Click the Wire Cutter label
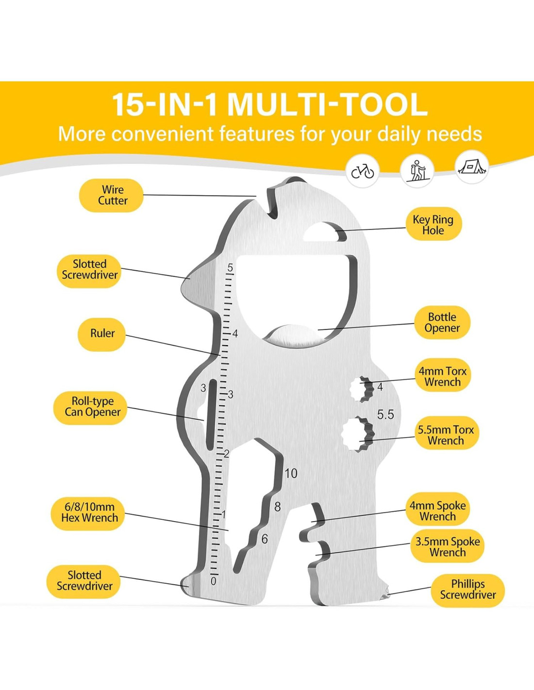point(111,195)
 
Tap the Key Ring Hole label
point(433,225)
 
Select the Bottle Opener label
point(442,322)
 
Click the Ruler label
point(102,333)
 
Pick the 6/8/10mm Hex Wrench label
point(89,512)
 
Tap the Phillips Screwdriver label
point(467,590)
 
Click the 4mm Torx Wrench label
point(442,377)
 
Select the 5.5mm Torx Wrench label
point(446,435)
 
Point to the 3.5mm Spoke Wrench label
point(447,547)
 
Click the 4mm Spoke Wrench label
point(437,511)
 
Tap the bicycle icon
point(363,171)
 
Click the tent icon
point(472,167)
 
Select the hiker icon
point(417,170)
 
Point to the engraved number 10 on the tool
point(291,473)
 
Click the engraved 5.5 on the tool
point(385,414)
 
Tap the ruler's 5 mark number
point(230,267)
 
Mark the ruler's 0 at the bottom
point(213,581)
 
